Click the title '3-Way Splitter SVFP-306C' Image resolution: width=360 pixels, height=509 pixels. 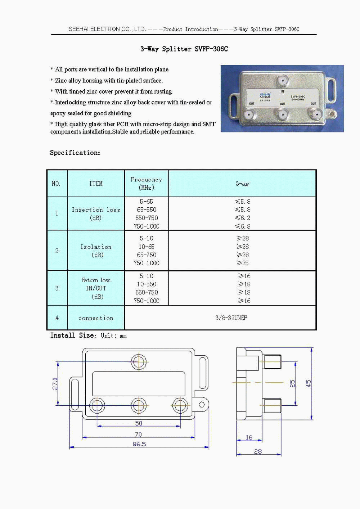point(184,49)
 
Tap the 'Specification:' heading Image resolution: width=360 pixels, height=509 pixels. point(75,153)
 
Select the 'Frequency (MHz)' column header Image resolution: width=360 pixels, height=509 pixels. point(146,183)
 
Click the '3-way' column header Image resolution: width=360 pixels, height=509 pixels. point(242,184)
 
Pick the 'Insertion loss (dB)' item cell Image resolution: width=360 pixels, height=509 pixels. point(96,214)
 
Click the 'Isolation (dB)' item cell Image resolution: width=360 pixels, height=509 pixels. point(96,251)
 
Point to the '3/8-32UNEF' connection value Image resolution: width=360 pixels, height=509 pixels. point(231,318)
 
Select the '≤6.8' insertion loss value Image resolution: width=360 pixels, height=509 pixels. point(243,226)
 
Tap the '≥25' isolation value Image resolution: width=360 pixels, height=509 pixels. point(243,263)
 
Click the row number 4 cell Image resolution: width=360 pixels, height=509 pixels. point(57,318)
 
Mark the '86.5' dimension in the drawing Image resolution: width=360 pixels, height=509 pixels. point(139,444)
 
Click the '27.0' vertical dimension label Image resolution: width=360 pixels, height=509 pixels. point(55,384)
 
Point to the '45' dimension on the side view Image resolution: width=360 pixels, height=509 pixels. point(308,383)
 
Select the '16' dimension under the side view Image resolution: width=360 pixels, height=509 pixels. point(249,437)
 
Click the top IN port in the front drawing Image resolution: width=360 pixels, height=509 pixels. point(139,361)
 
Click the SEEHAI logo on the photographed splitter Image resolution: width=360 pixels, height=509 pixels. point(265,96)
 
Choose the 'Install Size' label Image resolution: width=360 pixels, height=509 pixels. point(73,335)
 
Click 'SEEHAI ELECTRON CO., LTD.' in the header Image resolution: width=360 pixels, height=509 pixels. point(107,29)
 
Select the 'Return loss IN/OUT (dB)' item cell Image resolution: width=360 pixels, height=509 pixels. point(96,288)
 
